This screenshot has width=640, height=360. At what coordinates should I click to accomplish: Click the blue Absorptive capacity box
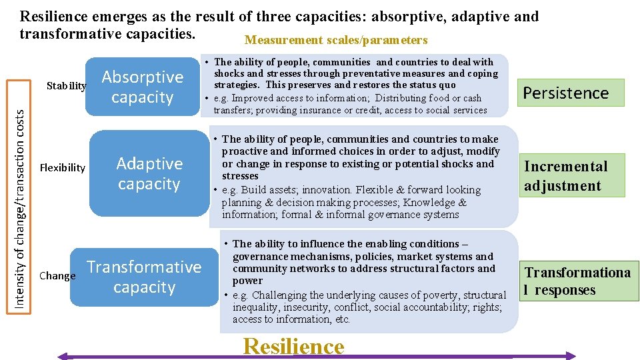[x=142, y=87]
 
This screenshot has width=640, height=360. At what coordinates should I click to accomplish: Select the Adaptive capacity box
[x=149, y=173]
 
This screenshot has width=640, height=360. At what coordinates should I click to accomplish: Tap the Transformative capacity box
[x=144, y=277]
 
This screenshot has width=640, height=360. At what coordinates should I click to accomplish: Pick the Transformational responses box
[x=577, y=281]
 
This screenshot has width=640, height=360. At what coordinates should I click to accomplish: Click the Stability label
[x=67, y=86]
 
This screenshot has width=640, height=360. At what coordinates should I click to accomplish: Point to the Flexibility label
[x=63, y=167]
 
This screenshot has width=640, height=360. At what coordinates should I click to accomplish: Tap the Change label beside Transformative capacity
[x=57, y=275]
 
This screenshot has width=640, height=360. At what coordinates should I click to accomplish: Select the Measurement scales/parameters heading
[x=336, y=40]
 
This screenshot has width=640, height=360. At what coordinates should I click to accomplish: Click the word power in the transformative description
[x=247, y=281]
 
